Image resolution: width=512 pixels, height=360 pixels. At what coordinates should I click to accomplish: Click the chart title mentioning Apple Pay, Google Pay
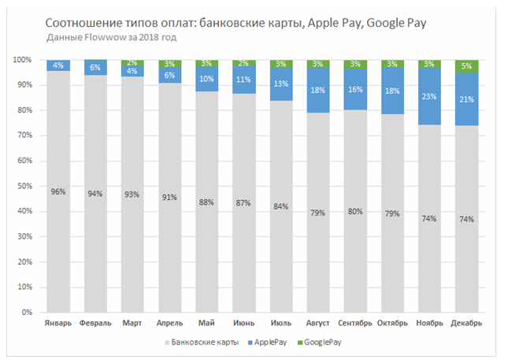coord(236,23)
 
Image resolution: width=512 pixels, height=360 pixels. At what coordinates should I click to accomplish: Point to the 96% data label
coord(59,192)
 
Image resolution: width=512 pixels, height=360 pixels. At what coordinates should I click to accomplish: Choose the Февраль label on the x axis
coord(96,325)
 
